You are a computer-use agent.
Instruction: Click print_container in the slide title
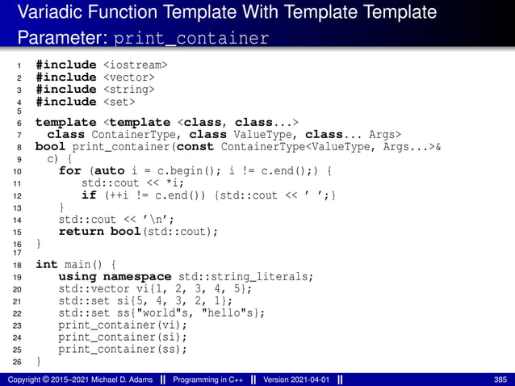[x=191, y=38]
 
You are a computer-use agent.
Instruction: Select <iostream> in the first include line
[x=135, y=64]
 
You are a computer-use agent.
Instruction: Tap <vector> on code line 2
[x=129, y=77]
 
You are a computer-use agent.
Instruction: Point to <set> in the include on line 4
[x=119, y=102]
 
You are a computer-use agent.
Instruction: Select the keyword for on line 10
[x=70, y=171]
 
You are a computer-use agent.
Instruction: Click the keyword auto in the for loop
[x=112, y=171]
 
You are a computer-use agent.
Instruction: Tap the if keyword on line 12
[x=89, y=195]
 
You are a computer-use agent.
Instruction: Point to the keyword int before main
[x=47, y=264]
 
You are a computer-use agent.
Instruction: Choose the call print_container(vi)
[x=123, y=325]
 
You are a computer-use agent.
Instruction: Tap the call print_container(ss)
[x=123, y=350]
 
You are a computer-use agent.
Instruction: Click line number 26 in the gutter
[x=18, y=363]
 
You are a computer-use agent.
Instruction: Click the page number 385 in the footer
[x=500, y=380]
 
